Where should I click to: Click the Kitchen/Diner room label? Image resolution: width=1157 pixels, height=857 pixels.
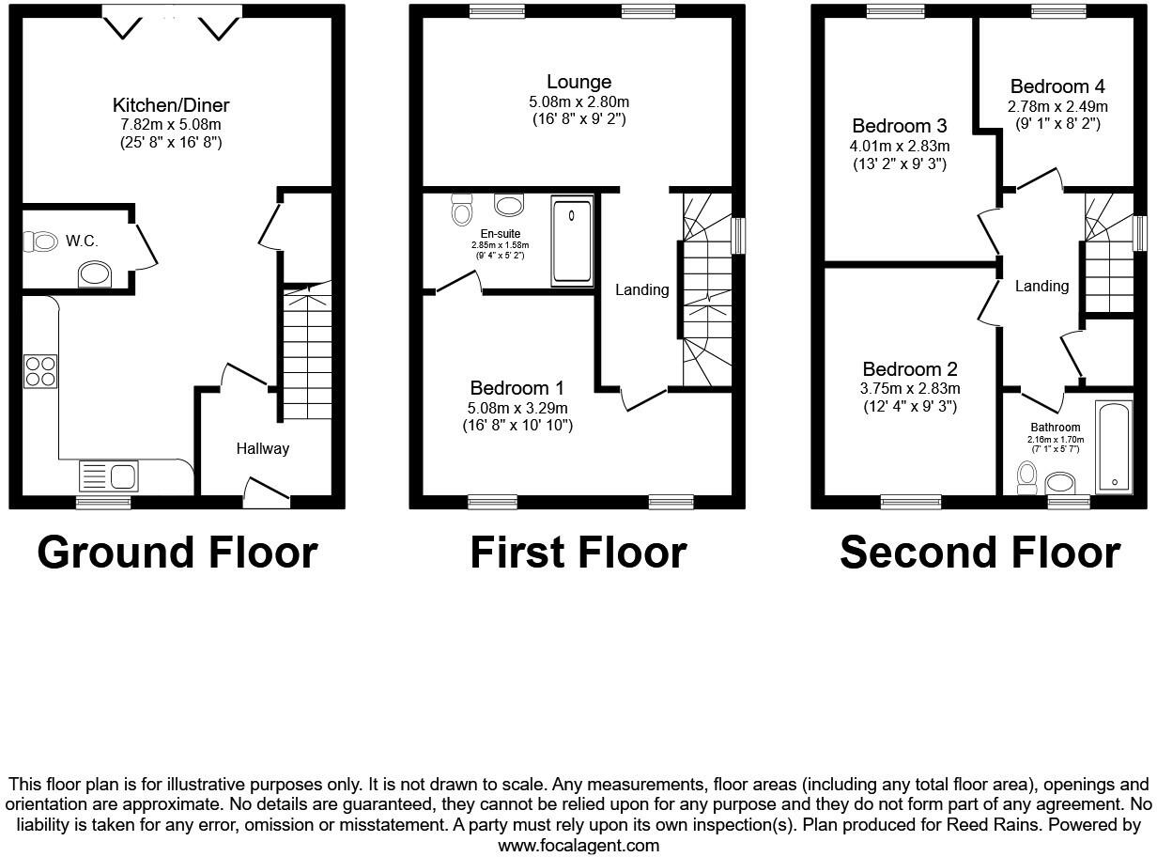171,105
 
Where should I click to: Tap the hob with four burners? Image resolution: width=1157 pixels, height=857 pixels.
39,370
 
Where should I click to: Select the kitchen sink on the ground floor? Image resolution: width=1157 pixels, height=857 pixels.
109,475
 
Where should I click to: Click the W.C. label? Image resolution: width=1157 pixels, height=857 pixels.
83,242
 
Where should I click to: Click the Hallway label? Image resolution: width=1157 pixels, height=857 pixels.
262,448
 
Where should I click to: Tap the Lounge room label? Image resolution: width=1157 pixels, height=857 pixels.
578,83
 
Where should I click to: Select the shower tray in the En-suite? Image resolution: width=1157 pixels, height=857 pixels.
572,240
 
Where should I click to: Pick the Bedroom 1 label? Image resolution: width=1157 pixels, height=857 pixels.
517,388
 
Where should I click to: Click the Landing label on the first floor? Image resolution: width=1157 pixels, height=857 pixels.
642,289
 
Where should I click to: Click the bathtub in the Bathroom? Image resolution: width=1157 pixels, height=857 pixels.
1114,445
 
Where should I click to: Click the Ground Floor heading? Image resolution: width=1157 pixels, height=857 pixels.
177,553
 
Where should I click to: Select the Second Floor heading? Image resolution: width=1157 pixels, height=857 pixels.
980,553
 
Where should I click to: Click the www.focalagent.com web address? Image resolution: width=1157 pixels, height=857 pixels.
578,845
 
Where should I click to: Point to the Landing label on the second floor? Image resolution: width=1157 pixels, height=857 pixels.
1042,286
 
